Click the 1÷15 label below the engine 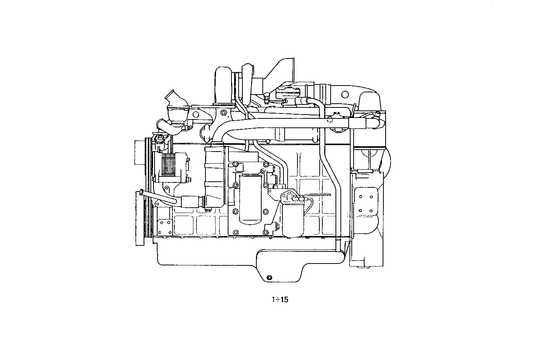[279, 300]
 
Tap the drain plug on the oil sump [269, 278]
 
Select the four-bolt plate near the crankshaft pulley [165, 227]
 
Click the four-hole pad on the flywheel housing [366, 204]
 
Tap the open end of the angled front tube [141, 193]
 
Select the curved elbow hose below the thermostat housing [169, 126]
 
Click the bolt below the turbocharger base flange [224, 113]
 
